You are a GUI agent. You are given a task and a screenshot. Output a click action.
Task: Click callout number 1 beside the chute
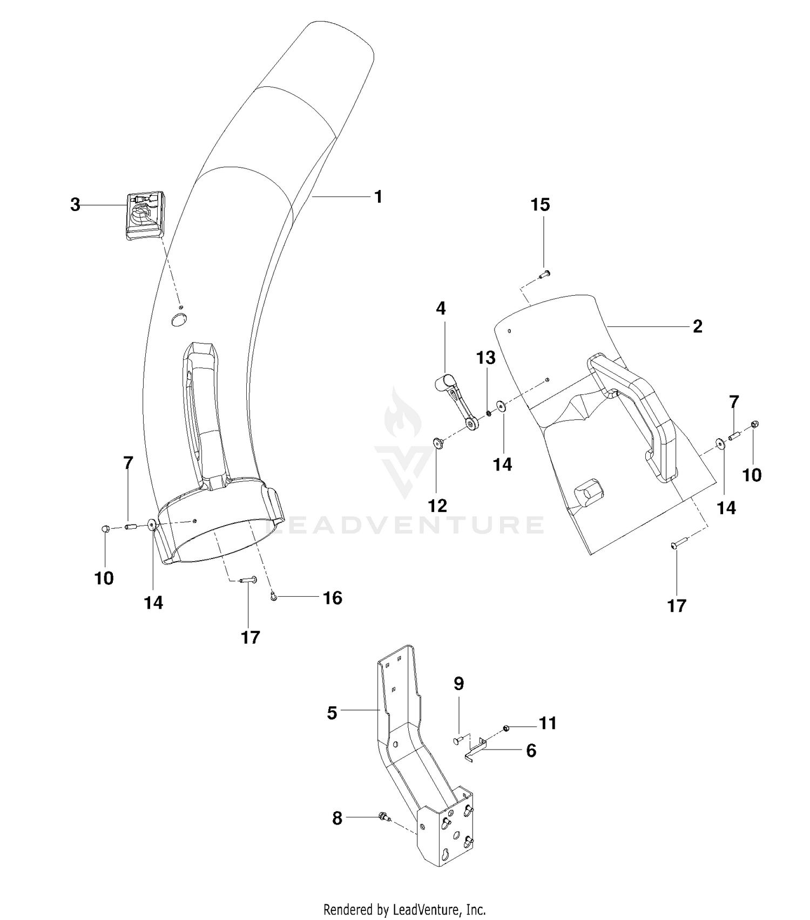click(378, 197)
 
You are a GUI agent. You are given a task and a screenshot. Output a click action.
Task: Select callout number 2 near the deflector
click(697, 326)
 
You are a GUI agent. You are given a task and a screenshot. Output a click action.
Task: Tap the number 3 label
click(76, 205)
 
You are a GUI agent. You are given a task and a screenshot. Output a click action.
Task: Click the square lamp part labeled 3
click(146, 215)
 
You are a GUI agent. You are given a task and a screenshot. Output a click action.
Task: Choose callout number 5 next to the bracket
click(332, 713)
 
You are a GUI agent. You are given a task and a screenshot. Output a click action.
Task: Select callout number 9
click(458, 684)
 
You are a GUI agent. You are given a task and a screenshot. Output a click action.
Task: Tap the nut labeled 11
click(507, 729)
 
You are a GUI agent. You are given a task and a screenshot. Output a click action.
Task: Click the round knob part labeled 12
click(437, 443)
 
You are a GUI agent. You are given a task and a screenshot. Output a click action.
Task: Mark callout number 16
click(333, 598)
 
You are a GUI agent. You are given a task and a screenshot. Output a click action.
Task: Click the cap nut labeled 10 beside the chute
click(106, 529)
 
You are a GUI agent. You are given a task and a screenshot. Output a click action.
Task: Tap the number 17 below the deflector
click(677, 606)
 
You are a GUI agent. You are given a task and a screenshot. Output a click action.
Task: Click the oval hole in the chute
click(178, 321)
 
